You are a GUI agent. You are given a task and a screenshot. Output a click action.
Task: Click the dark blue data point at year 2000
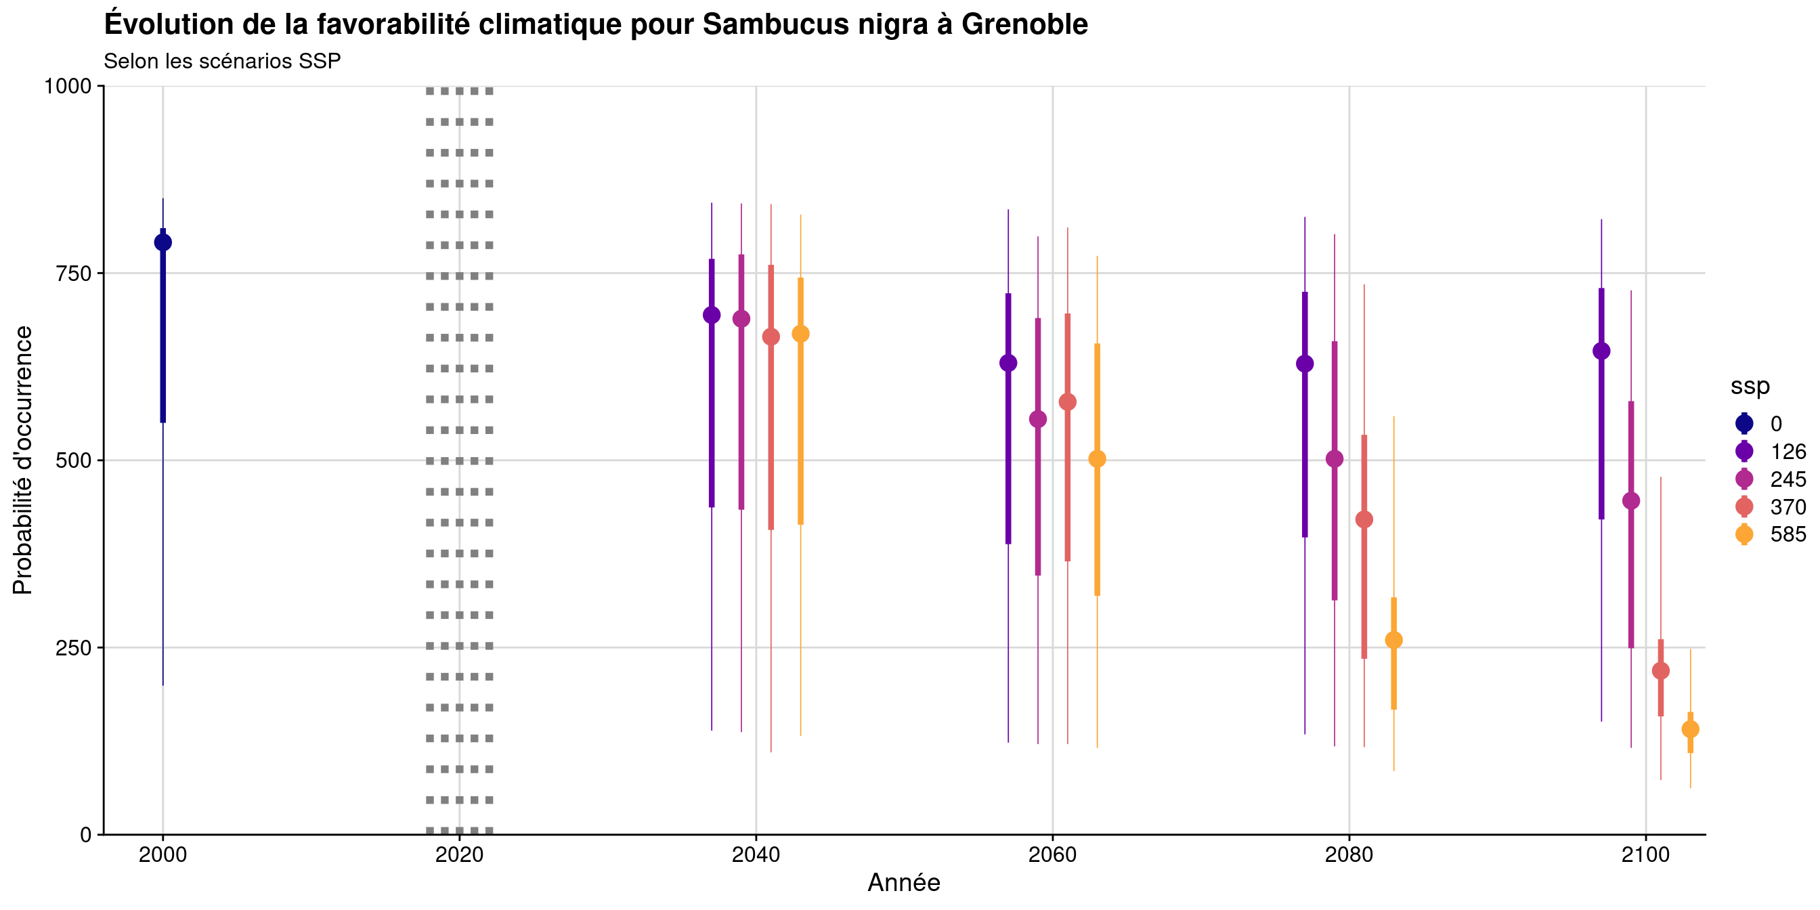click(x=162, y=242)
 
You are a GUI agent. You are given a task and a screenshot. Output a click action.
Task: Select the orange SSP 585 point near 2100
click(x=1690, y=729)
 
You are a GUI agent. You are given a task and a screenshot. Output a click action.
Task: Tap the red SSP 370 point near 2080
click(x=1364, y=519)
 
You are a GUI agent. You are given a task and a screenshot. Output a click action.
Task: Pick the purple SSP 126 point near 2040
click(x=712, y=315)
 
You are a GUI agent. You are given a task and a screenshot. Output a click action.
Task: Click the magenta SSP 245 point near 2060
click(x=1037, y=419)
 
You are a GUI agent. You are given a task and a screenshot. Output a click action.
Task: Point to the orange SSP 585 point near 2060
click(x=1096, y=458)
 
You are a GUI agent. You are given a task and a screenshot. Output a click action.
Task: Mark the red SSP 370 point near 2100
click(x=1660, y=670)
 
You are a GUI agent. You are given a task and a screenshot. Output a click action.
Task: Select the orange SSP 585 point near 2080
click(x=1393, y=640)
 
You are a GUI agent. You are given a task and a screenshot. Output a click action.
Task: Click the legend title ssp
click(x=1750, y=386)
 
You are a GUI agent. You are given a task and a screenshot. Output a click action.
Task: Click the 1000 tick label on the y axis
click(x=68, y=86)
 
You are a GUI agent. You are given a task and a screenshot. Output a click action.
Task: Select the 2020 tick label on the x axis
click(x=459, y=855)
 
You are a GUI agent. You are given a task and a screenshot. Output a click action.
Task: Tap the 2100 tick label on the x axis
click(x=1645, y=855)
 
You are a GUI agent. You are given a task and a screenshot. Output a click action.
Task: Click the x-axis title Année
click(x=904, y=883)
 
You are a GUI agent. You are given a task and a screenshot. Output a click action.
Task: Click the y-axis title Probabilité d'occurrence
click(x=22, y=460)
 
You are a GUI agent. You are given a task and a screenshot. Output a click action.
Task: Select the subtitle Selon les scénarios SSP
click(x=222, y=62)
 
